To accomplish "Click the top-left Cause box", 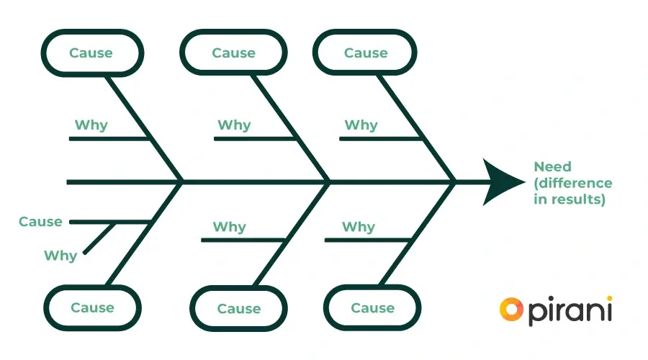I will pos(91,53).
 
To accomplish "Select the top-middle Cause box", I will pos(233,53).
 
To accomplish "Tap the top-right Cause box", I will pos(366,53).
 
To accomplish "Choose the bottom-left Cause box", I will pos(92,307).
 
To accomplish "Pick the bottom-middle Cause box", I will pos(238,308).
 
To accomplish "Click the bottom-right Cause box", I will pos(372,307).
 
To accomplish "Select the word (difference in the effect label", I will pos(573,183).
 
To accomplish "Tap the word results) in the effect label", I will pos(570,199).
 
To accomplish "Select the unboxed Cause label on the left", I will pos(40,222).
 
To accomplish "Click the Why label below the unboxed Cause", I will pos(60,256).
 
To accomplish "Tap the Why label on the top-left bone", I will pos(91,125).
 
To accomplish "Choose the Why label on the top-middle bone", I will pos(234,125).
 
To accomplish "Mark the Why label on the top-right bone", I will pos(361,125).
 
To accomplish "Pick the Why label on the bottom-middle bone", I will pos(229,227).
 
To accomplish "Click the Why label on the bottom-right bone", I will pos(358,227).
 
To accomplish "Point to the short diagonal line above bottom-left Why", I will pos(100,238).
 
